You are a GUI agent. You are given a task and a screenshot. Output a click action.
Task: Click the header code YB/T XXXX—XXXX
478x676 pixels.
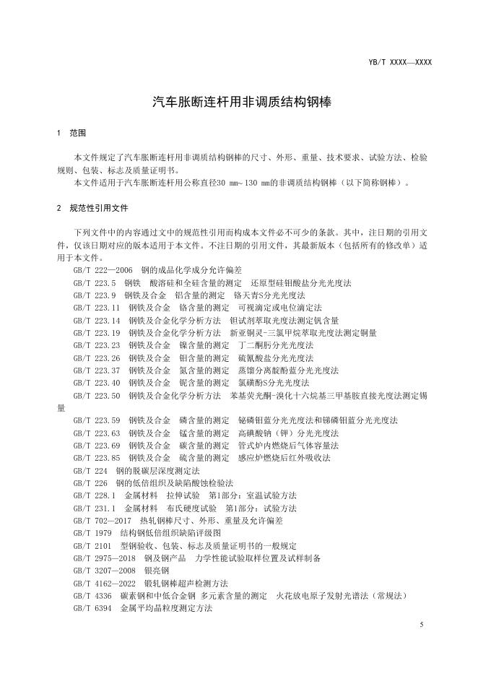[x=400, y=62]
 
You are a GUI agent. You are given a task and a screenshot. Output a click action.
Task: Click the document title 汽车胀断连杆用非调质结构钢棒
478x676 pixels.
[x=238, y=103]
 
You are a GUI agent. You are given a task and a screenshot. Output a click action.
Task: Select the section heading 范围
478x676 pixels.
[x=77, y=134]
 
